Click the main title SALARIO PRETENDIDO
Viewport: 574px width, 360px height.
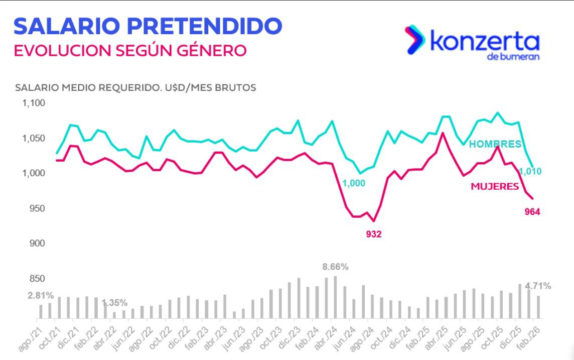click(148, 26)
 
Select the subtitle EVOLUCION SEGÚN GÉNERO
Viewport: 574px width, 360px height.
click(130, 51)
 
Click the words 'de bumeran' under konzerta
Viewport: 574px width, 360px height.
click(513, 56)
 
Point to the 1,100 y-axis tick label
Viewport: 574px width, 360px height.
click(34, 103)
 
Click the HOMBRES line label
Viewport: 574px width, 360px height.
click(495, 144)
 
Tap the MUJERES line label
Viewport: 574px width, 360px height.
click(494, 186)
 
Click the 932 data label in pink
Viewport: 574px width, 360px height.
click(373, 234)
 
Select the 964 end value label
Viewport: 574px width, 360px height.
click(532, 212)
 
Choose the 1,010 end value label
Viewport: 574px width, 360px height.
click(529, 172)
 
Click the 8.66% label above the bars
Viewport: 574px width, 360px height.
click(335, 267)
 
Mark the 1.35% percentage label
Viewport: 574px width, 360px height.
click(114, 303)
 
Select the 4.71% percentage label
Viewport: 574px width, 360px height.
click(538, 286)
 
